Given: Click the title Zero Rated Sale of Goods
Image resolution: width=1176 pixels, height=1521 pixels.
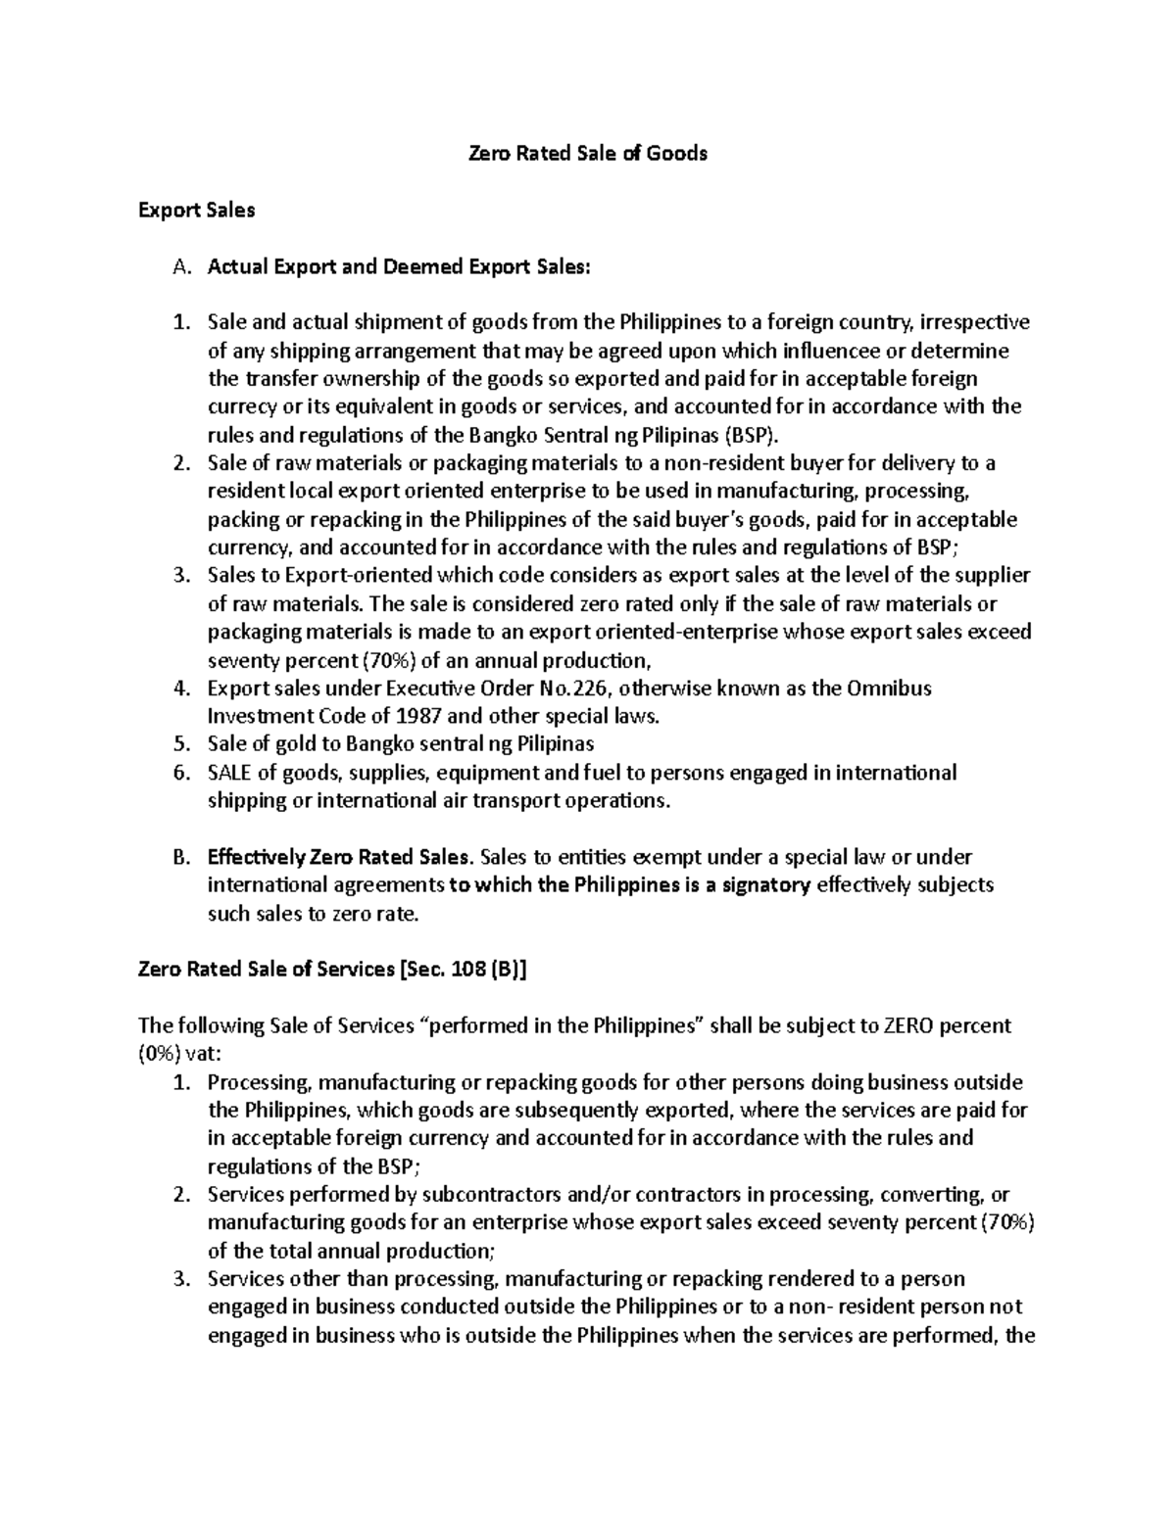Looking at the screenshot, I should tap(587, 154).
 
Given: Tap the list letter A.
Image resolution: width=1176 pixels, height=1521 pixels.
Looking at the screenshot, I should tap(179, 266).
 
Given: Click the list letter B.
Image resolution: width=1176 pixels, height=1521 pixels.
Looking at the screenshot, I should tap(179, 857).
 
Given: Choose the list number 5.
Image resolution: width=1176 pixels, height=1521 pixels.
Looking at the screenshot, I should tap(179, 744).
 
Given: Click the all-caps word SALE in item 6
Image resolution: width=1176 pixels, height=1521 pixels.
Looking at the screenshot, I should tap(229, 773).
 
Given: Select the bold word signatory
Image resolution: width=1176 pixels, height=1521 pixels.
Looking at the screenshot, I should tap(760, 885).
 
